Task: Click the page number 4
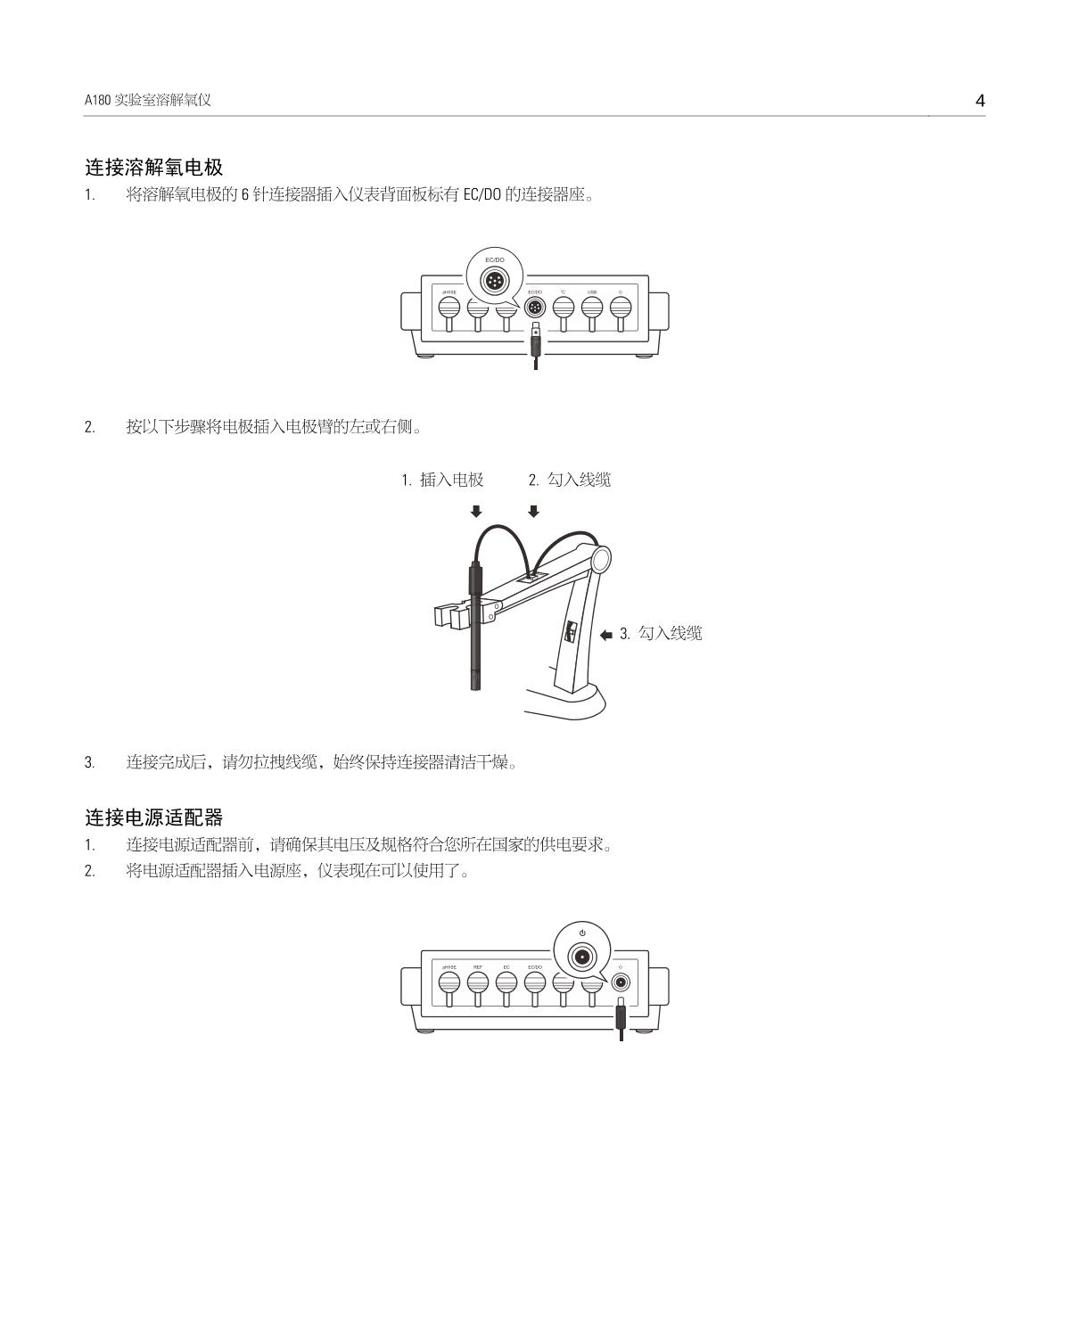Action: pyautogui.click(x=980, y=101)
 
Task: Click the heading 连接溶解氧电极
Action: pyautogui.click(x=153, y=167)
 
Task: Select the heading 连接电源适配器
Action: pyautogui.click(x=153, y=817)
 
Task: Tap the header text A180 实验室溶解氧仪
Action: pyautogui.click(x=148, y=101)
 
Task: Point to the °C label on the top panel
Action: pyautogui.click(x=563, y=292)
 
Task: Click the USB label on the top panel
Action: pyautogui.click(x=592, y=292)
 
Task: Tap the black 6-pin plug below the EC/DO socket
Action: pyautogui.click(x=535, y=342)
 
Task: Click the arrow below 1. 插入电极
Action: pyautogui.click(x=476, y=511)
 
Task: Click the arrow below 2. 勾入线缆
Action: pyautogui.click(x=534, y=511)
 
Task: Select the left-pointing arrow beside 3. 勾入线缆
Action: pyautogui.click(x=606, y=635)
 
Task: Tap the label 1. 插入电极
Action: pyautogui.click(x=442, y=480)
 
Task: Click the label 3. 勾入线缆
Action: pyautogui.click(x=661, y=633)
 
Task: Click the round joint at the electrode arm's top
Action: pyautogui.click(x=598, y=558)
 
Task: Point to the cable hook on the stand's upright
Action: pyautogui.click(x=570, y=634)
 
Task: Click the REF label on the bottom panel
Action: pyautogui.click(x=478, y=967)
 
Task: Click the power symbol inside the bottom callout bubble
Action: pyautogui.click(x=582, y=933)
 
